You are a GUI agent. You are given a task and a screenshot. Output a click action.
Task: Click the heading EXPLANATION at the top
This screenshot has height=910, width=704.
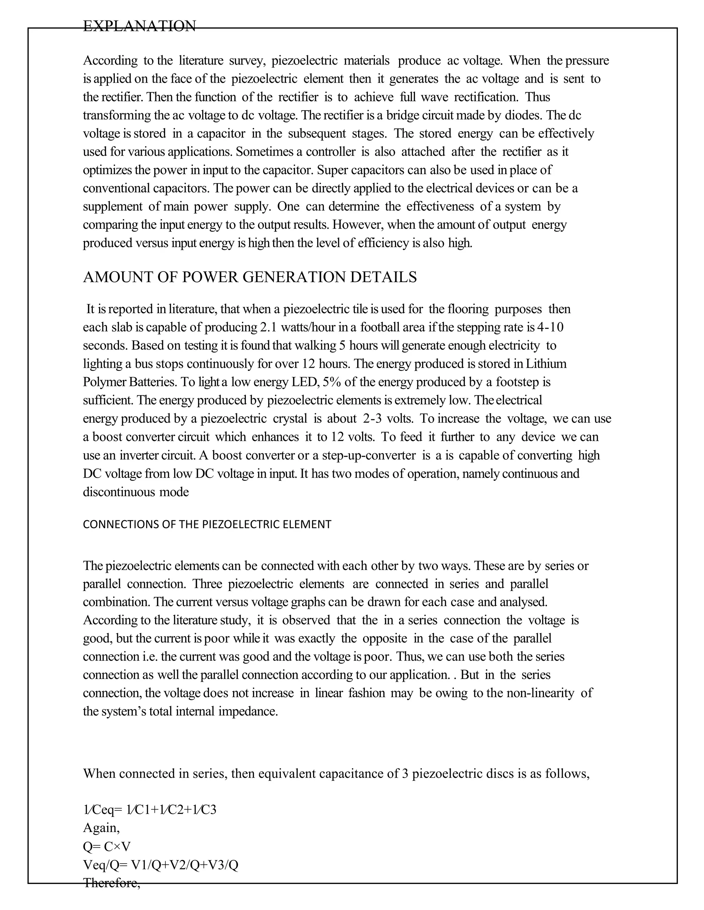point(139,26)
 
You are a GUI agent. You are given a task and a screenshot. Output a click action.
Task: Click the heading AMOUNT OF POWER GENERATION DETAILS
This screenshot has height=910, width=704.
point(250,277)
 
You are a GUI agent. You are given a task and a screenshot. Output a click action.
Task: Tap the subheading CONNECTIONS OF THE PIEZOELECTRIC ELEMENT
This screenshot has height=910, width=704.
point(207,524)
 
